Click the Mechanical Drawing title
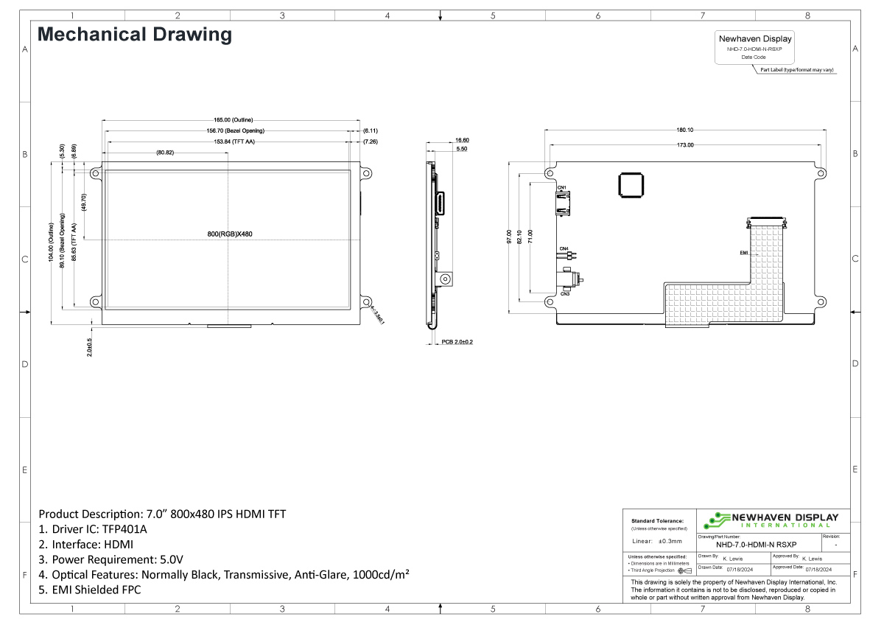(134, 35)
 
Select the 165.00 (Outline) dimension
(233, 119)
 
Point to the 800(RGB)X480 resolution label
(230, 234)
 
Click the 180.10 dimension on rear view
(684, 130)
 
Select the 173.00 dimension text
(684, 145)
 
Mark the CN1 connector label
(561, 188)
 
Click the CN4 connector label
(564, 249)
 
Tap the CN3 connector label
(564, 294)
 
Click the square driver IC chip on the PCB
(631, 186)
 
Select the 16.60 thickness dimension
(462, 140)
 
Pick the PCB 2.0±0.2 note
(457, 342)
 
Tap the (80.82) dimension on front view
(165, 153)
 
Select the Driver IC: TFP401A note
(92, 529)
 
